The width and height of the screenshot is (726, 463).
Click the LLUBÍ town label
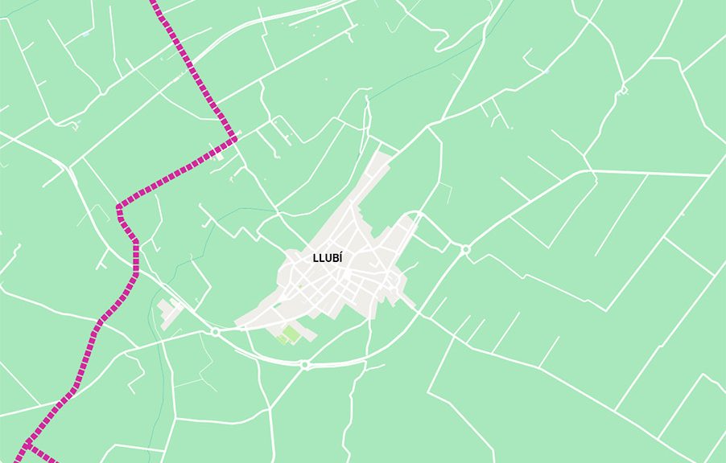(328, 259)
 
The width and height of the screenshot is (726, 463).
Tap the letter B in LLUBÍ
(334, 259)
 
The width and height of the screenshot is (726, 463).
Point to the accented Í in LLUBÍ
(340, 258)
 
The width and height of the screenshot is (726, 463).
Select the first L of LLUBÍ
(316, 259)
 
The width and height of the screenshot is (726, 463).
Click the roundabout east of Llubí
(466, 250)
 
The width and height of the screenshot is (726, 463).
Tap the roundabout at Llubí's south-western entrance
(215, 331)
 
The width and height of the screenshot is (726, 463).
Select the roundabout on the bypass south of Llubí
(304, 365)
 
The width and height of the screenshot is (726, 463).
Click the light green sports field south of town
(291, 333)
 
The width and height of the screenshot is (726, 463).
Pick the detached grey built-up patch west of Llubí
(169, 312)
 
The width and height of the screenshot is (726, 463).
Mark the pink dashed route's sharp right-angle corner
(234, 138)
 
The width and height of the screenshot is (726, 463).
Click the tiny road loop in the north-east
(621, 91)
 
